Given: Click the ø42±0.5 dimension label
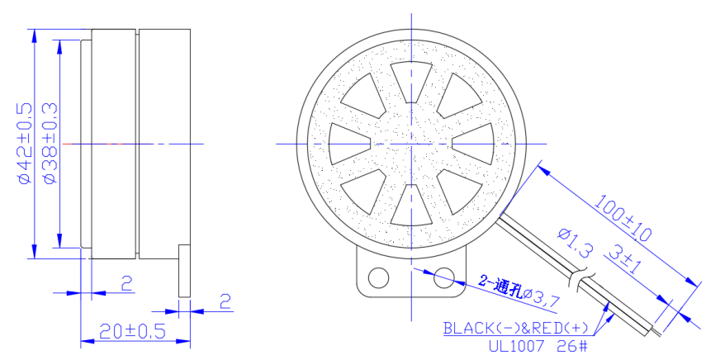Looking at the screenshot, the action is (26, 144).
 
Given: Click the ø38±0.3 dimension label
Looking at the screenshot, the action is (50, 144).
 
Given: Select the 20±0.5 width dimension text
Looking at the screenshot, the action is (132, 331).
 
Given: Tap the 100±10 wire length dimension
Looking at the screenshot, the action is (623, 218).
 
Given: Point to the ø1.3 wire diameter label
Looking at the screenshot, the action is (575, 242).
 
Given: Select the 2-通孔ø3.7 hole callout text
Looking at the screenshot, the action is (519, 292).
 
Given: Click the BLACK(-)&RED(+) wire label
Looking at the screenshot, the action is (515, 328).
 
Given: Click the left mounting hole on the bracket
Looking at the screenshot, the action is (379, 277).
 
